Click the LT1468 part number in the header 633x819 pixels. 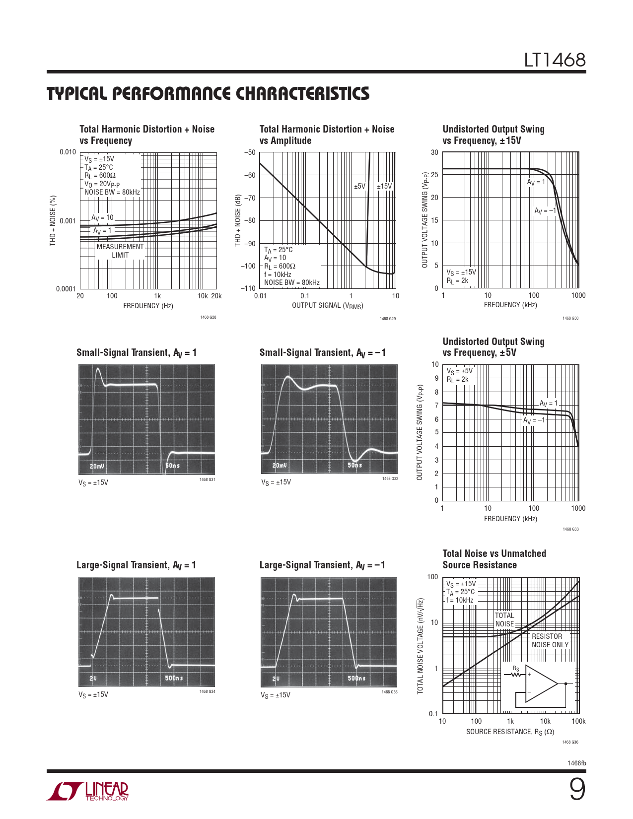tap(555, 61)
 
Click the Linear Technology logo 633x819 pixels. tap(87, 791)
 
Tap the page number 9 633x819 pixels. tap(576, 790)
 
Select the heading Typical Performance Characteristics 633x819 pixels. tap(208, 94)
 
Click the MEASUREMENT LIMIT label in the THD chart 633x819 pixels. tap(120, 251)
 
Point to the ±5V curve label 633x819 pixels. tap(359, 186)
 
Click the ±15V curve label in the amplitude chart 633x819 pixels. tap(384, 186)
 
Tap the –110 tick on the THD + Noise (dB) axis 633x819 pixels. tap(248, 288)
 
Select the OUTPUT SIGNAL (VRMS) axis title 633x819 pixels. tap(327, 306)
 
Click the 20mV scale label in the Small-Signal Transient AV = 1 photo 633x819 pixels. tap(97, 466)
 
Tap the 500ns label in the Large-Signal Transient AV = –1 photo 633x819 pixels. tap(355, 678)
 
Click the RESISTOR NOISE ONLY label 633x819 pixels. tap(550, 640)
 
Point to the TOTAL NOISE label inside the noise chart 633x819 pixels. tap(504, 619)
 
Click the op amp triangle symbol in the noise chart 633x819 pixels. tap(541, 683)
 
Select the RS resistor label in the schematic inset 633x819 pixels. tap(516, 669)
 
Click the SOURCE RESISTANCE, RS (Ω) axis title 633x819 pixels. tap(510, 732)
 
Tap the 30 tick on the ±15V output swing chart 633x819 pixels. tap(434, 152)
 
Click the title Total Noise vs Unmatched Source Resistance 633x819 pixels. tap(494, 559)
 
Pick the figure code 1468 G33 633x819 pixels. tap(570, 529)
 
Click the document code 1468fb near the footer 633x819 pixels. tap(576, 763)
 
